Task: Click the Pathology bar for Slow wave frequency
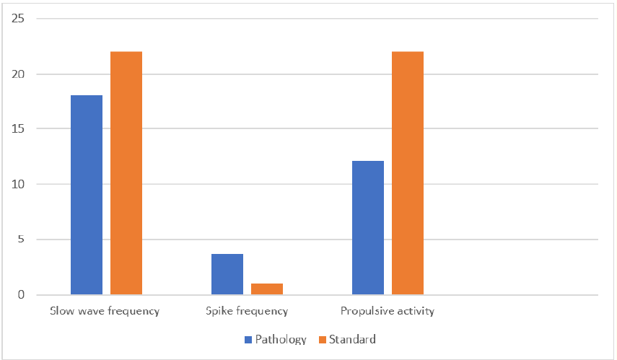tap(87, 195)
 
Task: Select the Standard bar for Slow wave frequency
tap(126, 173)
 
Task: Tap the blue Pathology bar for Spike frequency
tap(227, 274)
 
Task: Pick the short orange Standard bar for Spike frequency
tap(267, 289)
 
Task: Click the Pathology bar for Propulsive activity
tap(368, 227)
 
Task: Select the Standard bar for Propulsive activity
tap(408, 173)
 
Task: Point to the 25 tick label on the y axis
tap(19, 19)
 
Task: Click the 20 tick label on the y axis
tap(19, 74)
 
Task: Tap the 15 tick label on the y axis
tap(19, 129)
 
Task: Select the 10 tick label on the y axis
tap(19, 185)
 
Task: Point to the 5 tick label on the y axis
tap(22, 240)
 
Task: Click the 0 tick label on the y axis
tap(22, 295)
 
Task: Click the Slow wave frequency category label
tap(105, 312)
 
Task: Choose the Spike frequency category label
tap(247, 312)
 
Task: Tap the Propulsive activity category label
tap(388, 312)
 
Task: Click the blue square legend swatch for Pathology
tap(248, 339)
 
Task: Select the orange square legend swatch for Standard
tap(323, 339)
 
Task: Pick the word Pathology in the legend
tap(281, 339)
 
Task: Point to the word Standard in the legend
tap(352, 339)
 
